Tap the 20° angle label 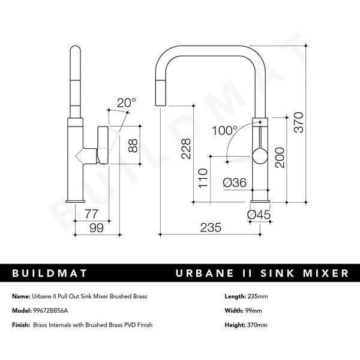tap(127, 103)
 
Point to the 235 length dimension tap(211, 228)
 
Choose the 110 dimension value tap(203, 179)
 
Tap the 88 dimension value tap(134, 146)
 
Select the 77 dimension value tap(91, 212)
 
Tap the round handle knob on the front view tap(259, 157)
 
